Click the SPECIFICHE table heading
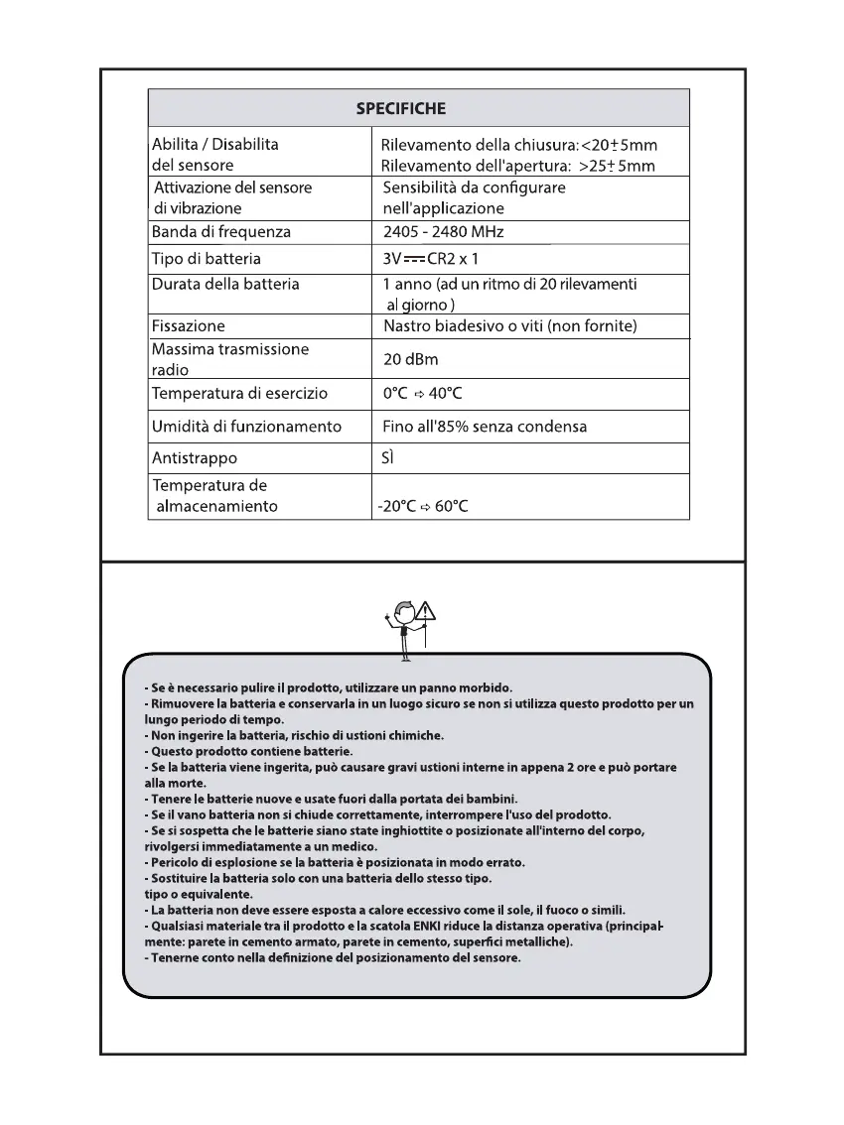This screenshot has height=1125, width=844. [x=401, y=108]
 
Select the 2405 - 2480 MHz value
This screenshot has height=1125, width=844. [x=443, y=232]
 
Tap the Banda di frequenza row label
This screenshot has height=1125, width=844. [x=220, y=232]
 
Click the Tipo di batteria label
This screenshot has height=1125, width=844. [x=206, y=259]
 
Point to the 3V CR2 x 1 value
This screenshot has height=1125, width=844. [x=430, y=259]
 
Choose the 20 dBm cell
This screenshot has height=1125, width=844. [x=411, y=359]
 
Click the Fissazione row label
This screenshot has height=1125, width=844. [x=188, y=325]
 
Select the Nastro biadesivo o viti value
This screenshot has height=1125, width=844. [x=509, y=325]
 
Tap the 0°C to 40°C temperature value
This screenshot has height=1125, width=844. [x=422, y=394]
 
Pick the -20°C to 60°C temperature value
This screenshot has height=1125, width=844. [x=422, y=506]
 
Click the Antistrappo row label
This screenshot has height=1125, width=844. [x=194, y=458]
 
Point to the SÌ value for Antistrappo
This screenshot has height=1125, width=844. [x=389, y=458]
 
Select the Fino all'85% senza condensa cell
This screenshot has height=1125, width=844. [x=485, y=427]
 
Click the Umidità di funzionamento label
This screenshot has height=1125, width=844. [x=246, y=427]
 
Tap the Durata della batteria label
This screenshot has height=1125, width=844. [x=224, y=284]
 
